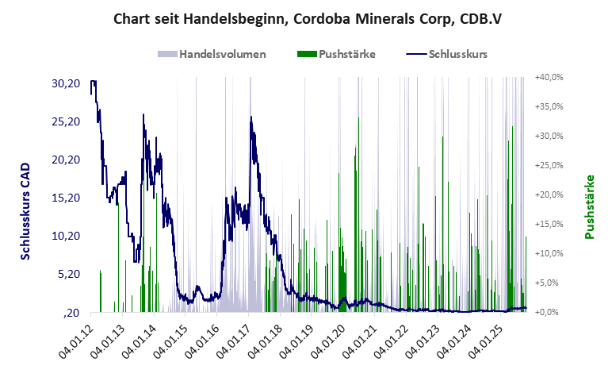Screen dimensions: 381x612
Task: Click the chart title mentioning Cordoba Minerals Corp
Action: pos(307,18)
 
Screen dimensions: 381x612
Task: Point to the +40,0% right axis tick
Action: pos(549,77)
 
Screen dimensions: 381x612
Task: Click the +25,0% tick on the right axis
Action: pos(549,165)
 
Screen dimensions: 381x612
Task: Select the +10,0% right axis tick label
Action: pos(549,253)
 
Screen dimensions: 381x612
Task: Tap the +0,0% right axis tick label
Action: pos(550,312)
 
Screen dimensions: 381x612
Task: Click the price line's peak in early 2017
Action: pos(251,117)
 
